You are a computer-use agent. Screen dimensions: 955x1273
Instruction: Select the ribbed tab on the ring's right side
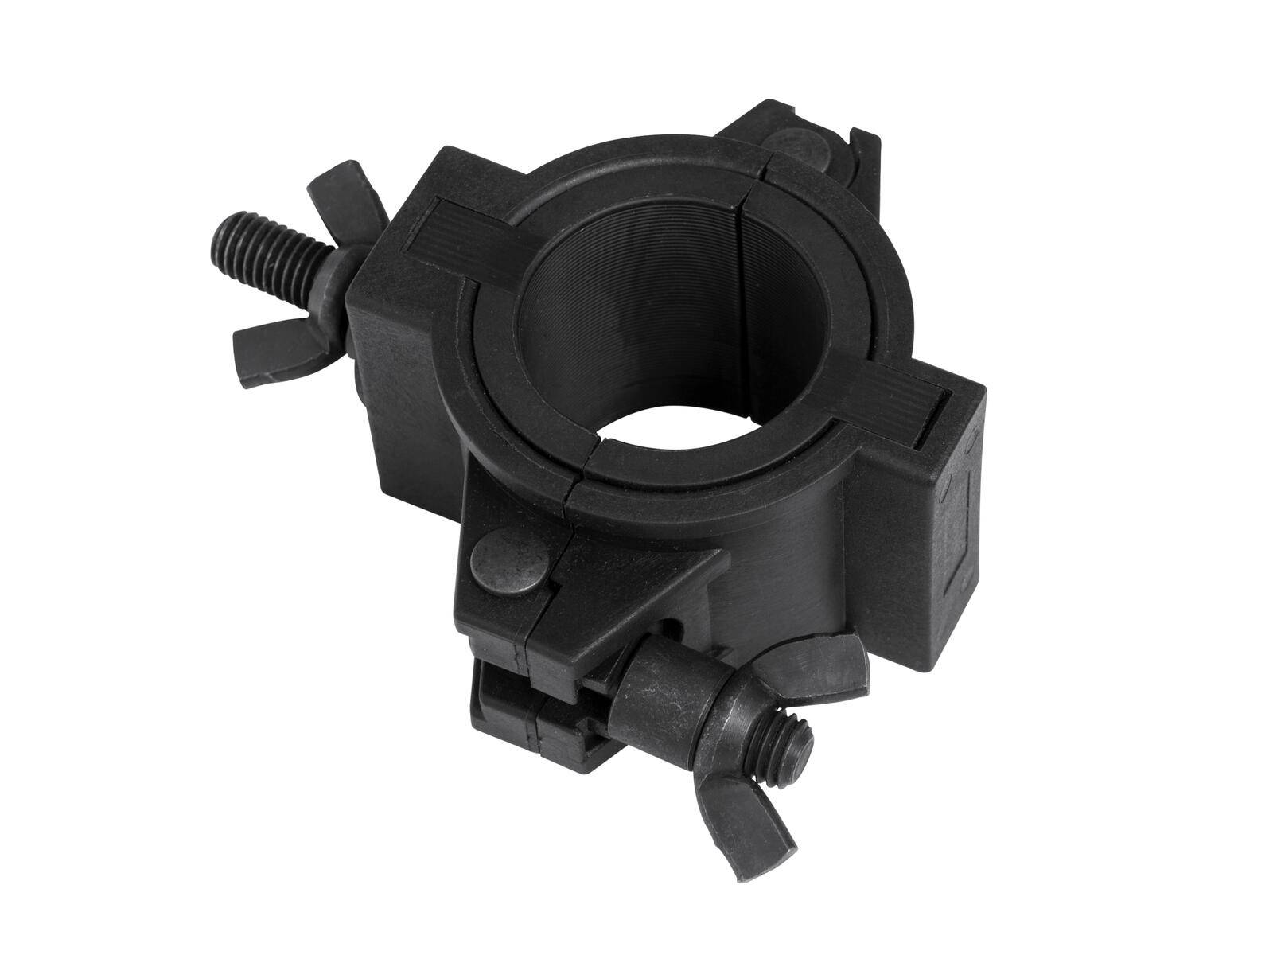click(x=900, y=399)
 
